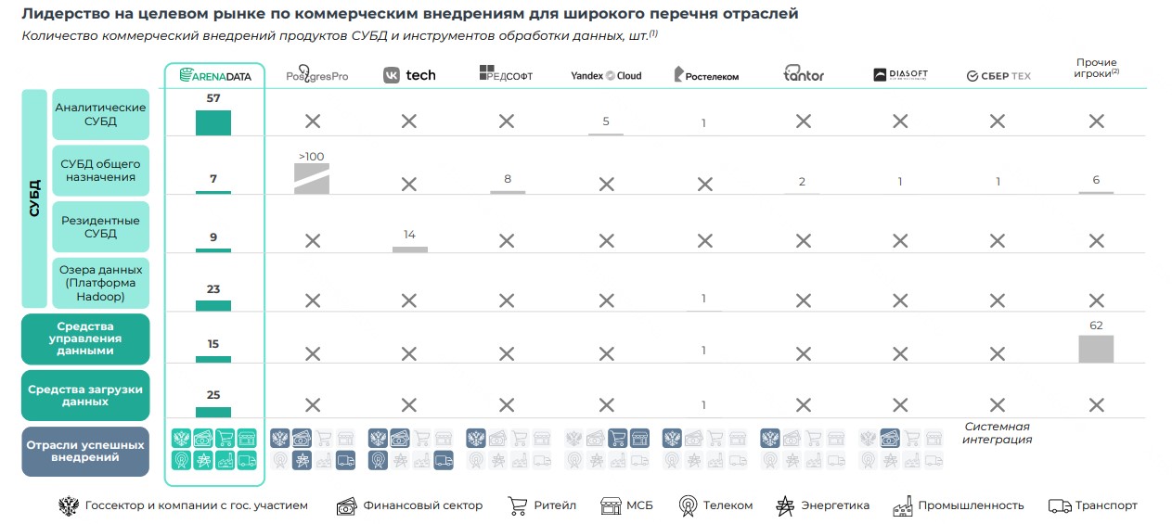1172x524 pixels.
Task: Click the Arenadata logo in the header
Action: (214, 75)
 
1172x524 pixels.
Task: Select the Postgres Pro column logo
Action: (316, 75)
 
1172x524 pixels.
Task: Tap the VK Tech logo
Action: (409, 75)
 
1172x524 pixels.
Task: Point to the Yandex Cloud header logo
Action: (606, 75)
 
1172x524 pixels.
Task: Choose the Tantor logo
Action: (804, 75)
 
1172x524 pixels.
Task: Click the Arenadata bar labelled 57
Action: (213, 122)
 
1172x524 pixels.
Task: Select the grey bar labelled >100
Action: (312, 178)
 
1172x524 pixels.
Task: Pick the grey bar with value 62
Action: (1096, 349)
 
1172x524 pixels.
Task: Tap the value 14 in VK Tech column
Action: (409, 235)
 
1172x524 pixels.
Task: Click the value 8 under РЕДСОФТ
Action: (508, 179)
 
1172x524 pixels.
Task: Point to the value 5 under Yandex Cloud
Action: (606, 121)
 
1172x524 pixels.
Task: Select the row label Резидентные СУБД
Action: (100, 227)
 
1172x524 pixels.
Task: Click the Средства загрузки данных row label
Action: (84, 396)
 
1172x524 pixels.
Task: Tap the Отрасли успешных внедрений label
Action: (84, 451)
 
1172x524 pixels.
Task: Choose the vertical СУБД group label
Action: (35, 198)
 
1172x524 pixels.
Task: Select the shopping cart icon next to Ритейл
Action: (517, 505)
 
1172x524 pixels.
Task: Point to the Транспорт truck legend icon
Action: (1059, 505)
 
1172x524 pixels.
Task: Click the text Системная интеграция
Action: (997, 433)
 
